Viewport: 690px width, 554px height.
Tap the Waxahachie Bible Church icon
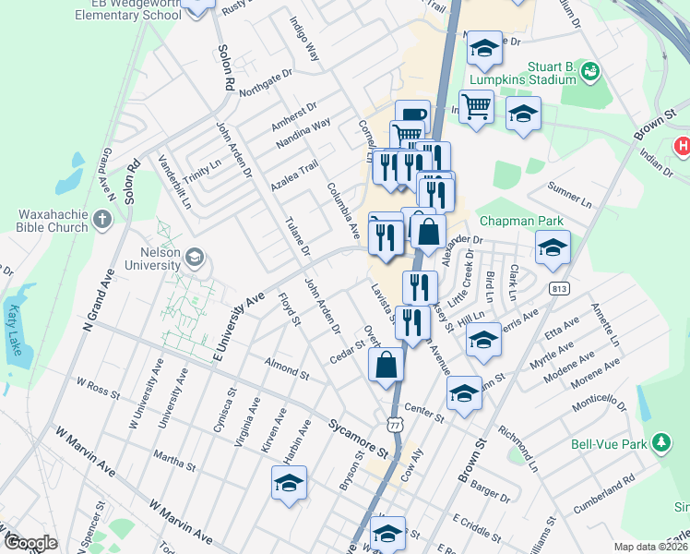pyautogui.click(x=102, y=220)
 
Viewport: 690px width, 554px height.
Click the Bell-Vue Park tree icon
pyautogui.click(x=660, y=444)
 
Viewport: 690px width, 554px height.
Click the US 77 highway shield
pyautogui.click(x=394, y=424)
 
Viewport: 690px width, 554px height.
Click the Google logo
pyautogui.click(x=30, y=543)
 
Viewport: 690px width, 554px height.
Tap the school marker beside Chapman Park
pyautogui.click(x=553, y=246)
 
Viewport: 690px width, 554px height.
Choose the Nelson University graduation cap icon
pyautogui.click(x=194, y=256)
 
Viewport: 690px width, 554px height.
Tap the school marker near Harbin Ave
pyautogui.click(x=289, y=482)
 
